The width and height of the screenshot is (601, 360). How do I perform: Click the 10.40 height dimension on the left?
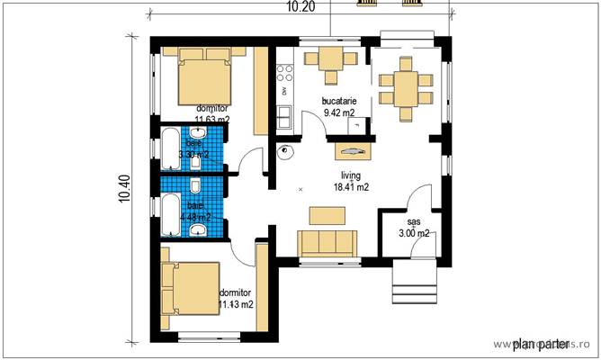(123, 188)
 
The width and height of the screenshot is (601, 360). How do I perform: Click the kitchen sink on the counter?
(284, 117)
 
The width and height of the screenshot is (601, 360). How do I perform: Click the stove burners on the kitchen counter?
(284, 70)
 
